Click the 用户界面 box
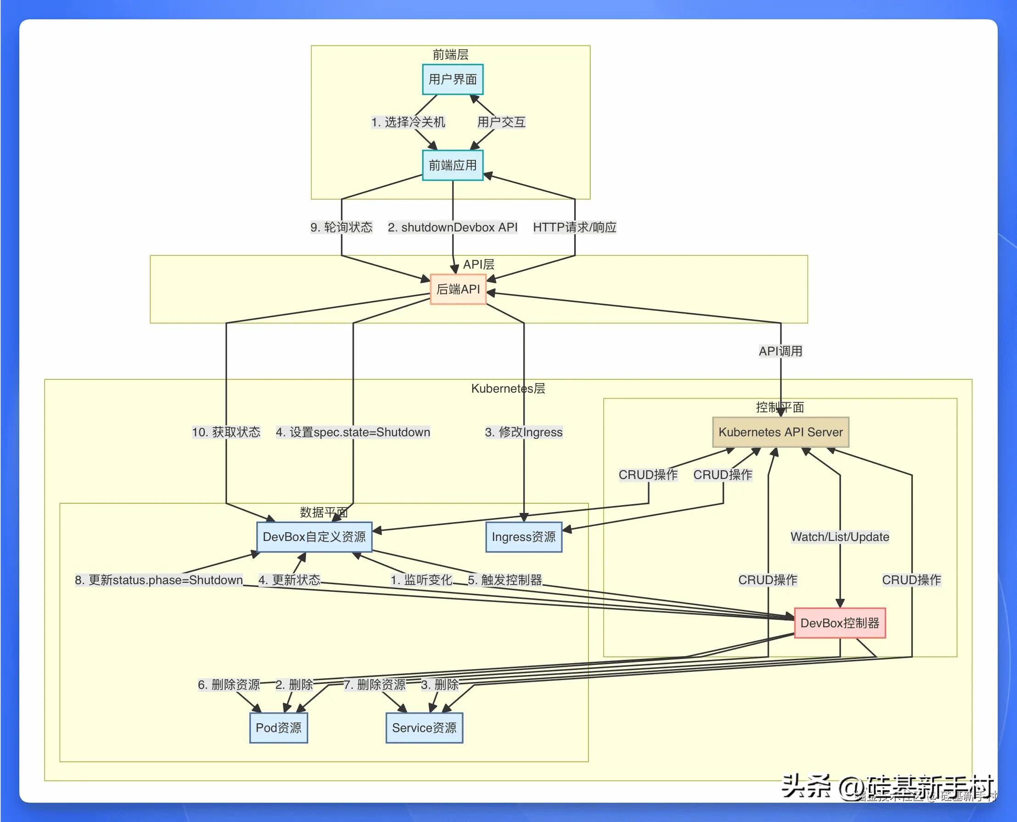(x=452, y=79)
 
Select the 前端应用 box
(x=452, y=166)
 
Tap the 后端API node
(x=458, y=289)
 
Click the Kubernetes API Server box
(x=780, y=432)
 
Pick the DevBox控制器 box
(x=839, y=623)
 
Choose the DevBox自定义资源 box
(x=314, y=537)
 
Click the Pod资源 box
(x=278, y=728)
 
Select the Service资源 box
(x=424, y=728)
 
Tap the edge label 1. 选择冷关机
(x=408, y=122)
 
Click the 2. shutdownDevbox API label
(x=452, y=227)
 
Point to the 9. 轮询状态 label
(x=341, y=227)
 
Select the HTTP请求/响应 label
(x=575, y=227)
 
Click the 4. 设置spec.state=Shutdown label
(x=353, y=432)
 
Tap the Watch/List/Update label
(x=839, y=537)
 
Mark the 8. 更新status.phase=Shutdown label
(x=158, y=580)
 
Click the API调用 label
(x=780, y=351)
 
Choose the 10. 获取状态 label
(x=226, y=432)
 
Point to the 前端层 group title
(x=450, y=55)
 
